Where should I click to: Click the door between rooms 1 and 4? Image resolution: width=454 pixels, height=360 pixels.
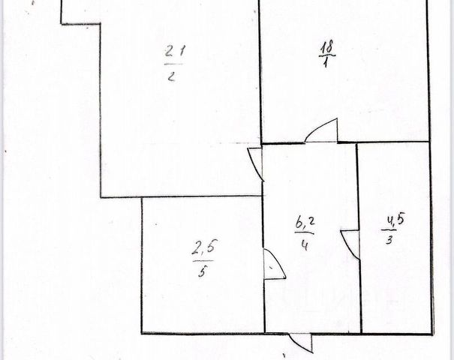[x=321, y=132]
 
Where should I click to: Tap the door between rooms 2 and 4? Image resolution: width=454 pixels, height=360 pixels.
[x=255, y=162]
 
